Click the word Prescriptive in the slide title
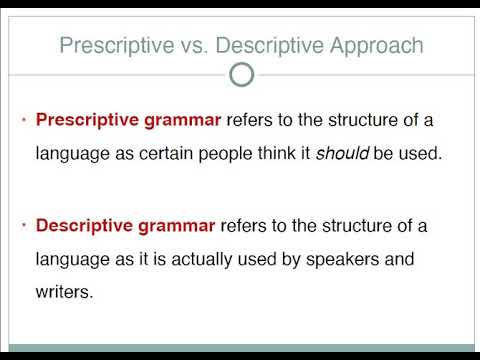[108, 45]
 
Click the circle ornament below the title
[240, 75]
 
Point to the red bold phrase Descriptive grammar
[126, 226]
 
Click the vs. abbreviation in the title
[177, 45]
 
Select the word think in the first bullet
[285, 155]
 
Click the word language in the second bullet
[71, 261]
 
